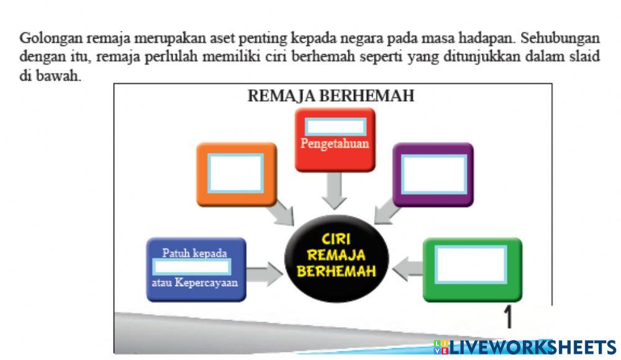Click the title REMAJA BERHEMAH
[330, 96]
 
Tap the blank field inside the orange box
[236, 173]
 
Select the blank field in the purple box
[433, 173]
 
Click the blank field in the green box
[471, 264]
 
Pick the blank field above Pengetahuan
[335, 127]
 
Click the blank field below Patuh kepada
[192, 268]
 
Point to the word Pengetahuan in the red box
[335, 143]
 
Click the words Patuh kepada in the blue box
[194, 253]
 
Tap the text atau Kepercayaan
[194, 283]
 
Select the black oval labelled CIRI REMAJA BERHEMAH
[337, 256]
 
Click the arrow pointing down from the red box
[335, 190]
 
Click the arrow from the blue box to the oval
[265, 273]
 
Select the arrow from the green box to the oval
[409, 268]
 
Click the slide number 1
[508, 318]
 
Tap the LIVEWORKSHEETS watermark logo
[524, 347]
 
